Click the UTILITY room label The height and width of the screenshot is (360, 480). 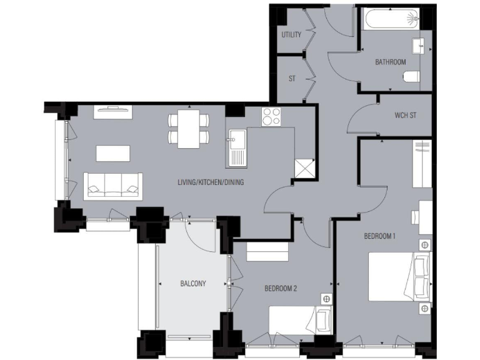[291, 35]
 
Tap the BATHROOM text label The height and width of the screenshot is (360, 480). [390, 62]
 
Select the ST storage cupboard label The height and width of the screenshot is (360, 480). [291, 79]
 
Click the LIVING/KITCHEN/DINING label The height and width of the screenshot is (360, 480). [211, 182]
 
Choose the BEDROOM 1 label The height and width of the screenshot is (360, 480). [380, 236]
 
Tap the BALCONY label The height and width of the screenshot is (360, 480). [193, 283]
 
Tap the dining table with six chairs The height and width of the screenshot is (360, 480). [188, 128]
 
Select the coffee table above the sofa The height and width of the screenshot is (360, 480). [112, 154]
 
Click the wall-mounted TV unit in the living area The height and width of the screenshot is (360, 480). [113, 111]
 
